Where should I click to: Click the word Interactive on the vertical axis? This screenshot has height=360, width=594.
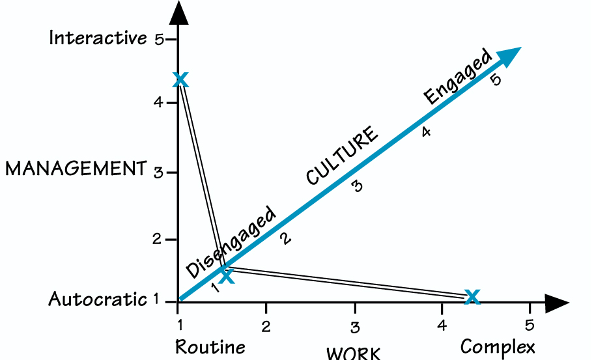tap(98, 38)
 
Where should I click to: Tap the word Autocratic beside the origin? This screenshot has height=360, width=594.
tap(97, 299)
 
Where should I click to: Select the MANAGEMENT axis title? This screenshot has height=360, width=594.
tap(75, 169)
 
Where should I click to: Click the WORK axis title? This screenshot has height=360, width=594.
tap(354, 353)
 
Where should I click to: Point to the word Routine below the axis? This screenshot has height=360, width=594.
tap(210, 346)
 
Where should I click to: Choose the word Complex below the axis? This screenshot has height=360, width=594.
tap(498, 346)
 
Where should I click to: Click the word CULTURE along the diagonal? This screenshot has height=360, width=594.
tap(342, 156)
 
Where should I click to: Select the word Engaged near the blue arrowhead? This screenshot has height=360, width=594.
tap(457, 77)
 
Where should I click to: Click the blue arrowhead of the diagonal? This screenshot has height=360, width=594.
tap(511, 56)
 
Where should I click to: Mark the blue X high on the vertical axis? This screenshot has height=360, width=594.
tap(181, 80)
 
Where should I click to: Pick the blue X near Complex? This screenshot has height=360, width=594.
tap(472, 297)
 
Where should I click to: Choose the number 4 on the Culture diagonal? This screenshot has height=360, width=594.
tap(426, 132)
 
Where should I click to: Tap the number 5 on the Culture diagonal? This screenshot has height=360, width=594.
tap(496, 81)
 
